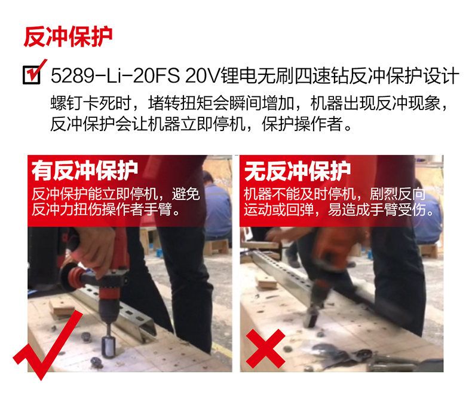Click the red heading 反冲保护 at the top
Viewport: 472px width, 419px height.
coord(68,37)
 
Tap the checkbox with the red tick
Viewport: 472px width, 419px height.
coord(31,75)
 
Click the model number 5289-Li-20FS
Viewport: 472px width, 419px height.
coord(115,75)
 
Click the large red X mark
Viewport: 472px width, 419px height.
coord(265,348)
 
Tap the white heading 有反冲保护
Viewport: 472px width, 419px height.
coord(85,171)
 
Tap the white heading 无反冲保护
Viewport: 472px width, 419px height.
coord(298,171)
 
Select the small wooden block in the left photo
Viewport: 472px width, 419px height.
coord(62,308)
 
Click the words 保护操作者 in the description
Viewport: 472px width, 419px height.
coord(302,124)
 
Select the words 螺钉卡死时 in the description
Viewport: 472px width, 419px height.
coord(91,103)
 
